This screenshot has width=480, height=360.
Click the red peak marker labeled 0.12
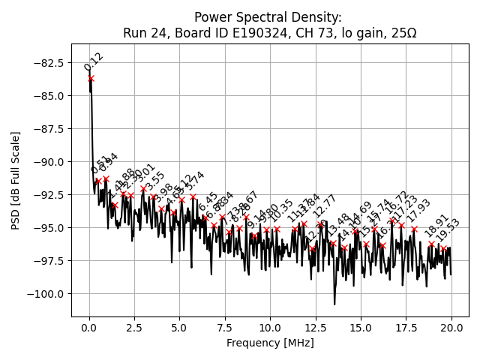tap(91, 78)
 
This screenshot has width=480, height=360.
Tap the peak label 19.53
tap(448, 233)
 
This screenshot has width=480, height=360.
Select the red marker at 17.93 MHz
tap(414, 229)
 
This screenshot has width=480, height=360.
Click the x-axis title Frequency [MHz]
tap(270, 343)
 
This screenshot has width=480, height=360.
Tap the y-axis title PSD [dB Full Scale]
tap(16, 180)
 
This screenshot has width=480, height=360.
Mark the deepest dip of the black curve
tap(334, 304)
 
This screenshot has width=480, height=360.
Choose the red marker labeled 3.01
tap(143, 188)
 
